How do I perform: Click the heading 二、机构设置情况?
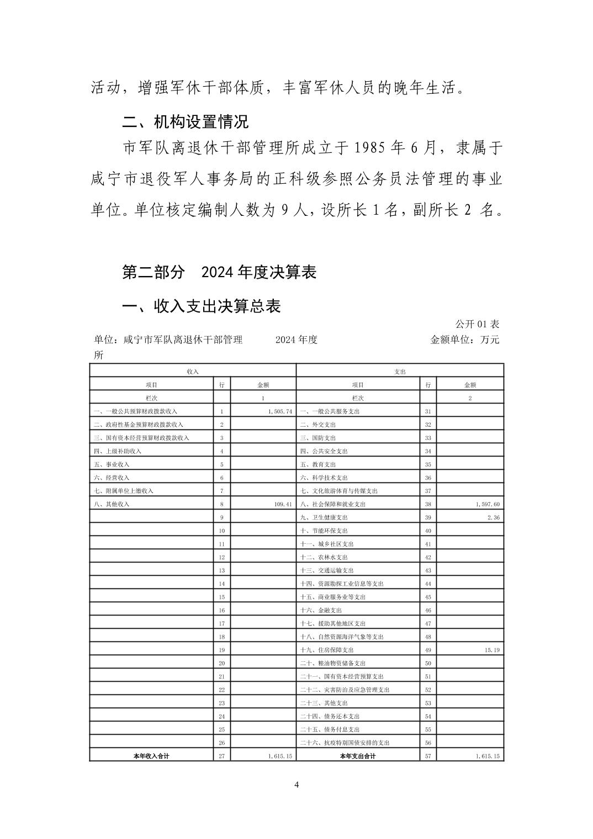[186, 121]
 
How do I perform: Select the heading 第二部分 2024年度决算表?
[219, 272]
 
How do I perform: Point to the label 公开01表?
[477, 324]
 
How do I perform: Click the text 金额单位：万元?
[464, 339]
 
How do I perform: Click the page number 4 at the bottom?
[296, 785]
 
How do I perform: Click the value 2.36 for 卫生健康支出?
[493, 517]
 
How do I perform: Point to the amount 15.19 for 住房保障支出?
[492, 650]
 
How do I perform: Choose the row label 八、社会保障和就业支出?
[333, 504]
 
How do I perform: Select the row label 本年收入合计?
[151, 756]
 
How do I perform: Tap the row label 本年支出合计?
[358, 756]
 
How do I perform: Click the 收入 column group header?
[193, 371]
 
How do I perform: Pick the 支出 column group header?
[400, 371]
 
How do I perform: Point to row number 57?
[428, 756]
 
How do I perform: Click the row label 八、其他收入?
[112, 504]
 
